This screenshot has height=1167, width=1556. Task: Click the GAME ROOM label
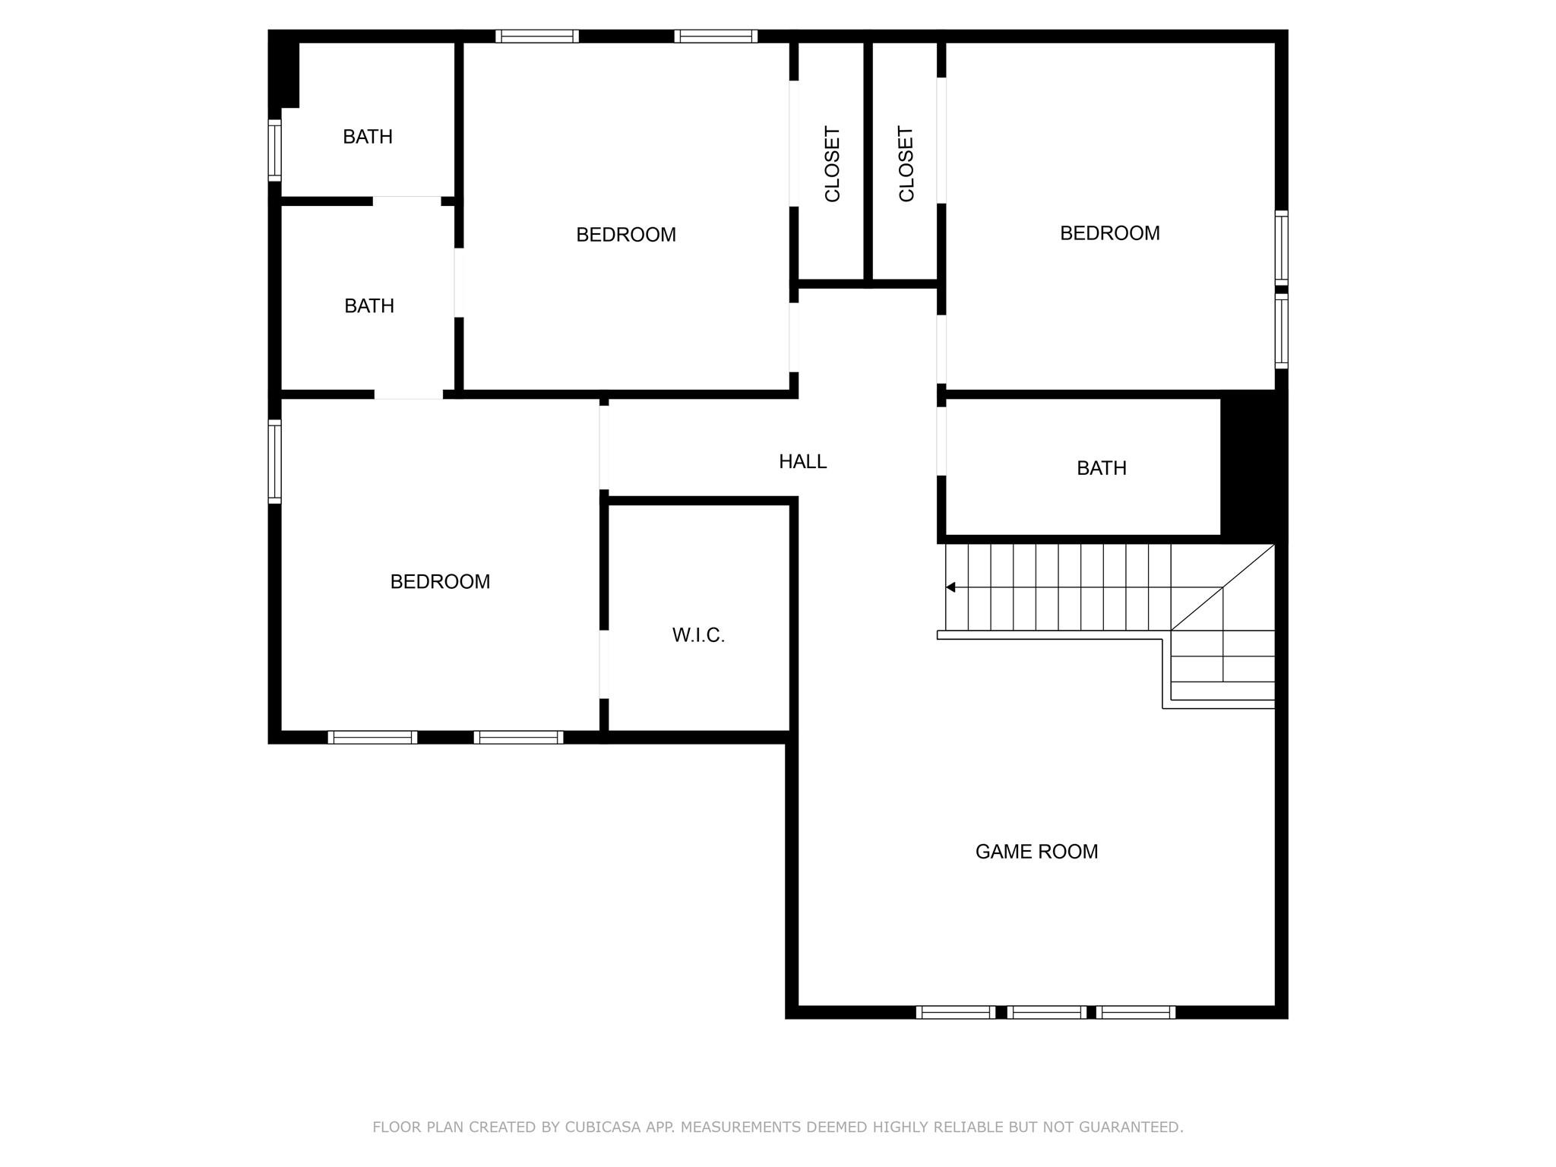tap(1036, 852)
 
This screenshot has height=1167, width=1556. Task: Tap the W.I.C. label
tap(698, 635)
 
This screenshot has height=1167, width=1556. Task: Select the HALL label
tap(802, 461)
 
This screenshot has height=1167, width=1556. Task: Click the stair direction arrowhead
tap(950, 587)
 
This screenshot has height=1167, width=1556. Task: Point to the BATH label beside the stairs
tap(1101, 468)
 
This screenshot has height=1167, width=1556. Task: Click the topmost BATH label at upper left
tap(368, 137)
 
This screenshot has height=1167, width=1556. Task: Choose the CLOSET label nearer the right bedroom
tap(906, 163)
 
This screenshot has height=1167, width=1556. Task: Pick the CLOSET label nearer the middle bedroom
tap(832, 163)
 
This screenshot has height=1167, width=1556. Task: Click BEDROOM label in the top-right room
tap(1109, 233)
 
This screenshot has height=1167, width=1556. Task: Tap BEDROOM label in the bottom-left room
tap(440, 582)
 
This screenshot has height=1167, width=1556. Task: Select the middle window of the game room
tap(1046, 1012)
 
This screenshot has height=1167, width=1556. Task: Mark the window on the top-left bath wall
tap(275, 150)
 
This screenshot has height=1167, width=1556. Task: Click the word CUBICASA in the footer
tap(602, 1127)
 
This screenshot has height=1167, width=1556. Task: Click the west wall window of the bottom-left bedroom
tap(275, 461)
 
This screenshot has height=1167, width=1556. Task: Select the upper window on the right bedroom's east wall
tap(1281, 248)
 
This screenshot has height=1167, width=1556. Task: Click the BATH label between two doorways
tap(369, 306)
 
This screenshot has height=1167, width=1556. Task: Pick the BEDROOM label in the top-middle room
tap(626, 235)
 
